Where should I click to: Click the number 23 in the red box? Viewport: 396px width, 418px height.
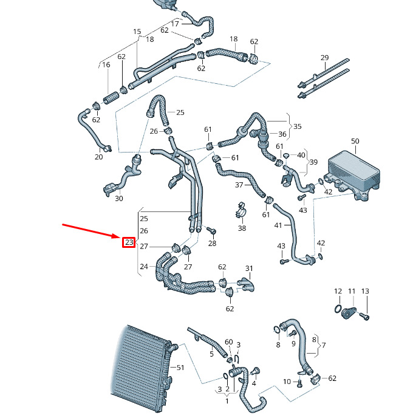click(128, 242)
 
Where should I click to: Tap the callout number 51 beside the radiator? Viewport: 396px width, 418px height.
click(179, 368)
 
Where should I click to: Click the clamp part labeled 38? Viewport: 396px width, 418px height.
click(242, 213)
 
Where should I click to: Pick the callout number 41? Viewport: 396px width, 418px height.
click(278, 225)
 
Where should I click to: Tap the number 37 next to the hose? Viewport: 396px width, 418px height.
click(239, 185)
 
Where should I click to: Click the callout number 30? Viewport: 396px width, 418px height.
click(118, 199)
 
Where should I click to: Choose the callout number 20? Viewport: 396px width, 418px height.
click(99, 157)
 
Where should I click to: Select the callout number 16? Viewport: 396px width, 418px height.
click(106, 65)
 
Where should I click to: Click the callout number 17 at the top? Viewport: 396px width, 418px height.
click(175, 24)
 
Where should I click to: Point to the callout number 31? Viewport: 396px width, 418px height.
click(248, 269)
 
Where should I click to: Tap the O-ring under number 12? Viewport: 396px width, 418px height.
click(337, 311)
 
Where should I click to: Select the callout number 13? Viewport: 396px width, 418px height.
click(364, 292)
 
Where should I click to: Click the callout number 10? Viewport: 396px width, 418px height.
click(287, 382)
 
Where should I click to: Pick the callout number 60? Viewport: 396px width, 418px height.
click(228, 342)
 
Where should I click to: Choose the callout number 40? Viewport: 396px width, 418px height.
click(301, 155)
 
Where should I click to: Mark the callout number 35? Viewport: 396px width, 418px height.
click(297, 126)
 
